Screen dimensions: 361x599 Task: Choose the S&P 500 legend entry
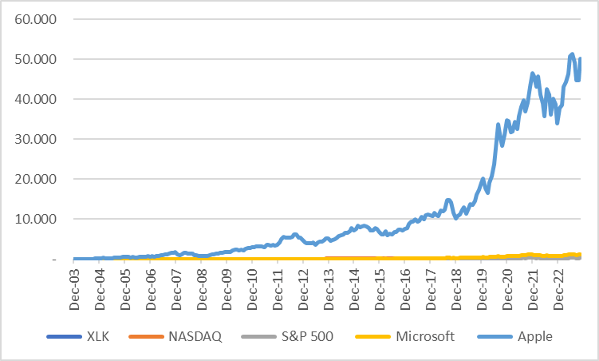pyautogui.click(x=306, y=337)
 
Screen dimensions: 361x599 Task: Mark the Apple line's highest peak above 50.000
pyautogui.click(x=572, y=54)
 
